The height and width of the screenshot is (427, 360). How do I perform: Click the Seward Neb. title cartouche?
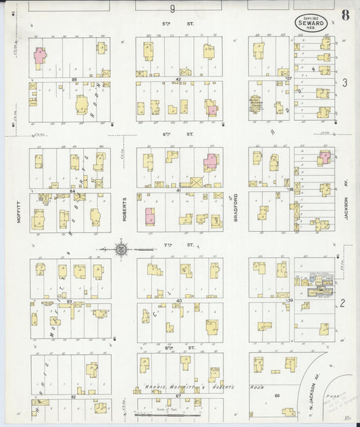(x=311, y=22)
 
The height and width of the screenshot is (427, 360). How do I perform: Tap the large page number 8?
(x=345, y=16)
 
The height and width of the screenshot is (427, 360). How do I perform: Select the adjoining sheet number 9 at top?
(x=172, y=9)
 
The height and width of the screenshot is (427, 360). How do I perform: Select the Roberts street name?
(x=125, y=210)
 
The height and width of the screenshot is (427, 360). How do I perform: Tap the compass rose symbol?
(x=121, y=249)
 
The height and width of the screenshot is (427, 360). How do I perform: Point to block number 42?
(x=179, y=80)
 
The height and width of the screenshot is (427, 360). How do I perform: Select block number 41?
(x=179, y=191)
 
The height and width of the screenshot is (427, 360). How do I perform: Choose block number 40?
(x=179, y=300)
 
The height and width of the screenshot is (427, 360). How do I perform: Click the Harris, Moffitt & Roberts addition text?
(x=189, y=387)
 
